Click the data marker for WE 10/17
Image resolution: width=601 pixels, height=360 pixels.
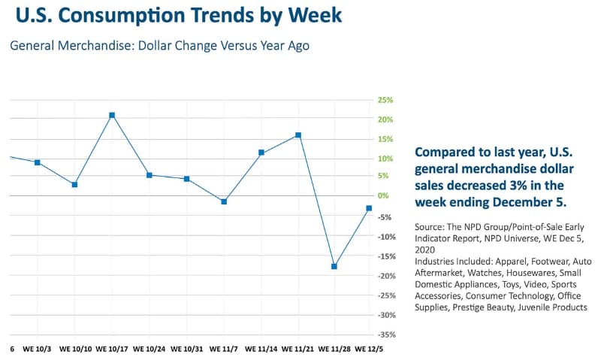[112, 115]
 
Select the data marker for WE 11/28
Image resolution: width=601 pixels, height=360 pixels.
[334, 266]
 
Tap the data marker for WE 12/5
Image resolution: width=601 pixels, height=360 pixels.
[369, 208]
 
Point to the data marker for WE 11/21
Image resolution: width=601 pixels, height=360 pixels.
[298, 135]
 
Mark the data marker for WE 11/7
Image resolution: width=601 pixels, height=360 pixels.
[224, 201]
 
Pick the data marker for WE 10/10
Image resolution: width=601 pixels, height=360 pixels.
[74, 184]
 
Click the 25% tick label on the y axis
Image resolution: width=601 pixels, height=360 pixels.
[385, 100]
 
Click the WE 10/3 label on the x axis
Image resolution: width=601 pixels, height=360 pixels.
[37, 349]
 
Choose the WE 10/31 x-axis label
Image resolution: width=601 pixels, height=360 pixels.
[186, 349]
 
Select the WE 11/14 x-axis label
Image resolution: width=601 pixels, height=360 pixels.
[261, 349]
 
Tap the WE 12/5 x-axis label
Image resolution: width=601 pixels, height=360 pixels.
[370, 349]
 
